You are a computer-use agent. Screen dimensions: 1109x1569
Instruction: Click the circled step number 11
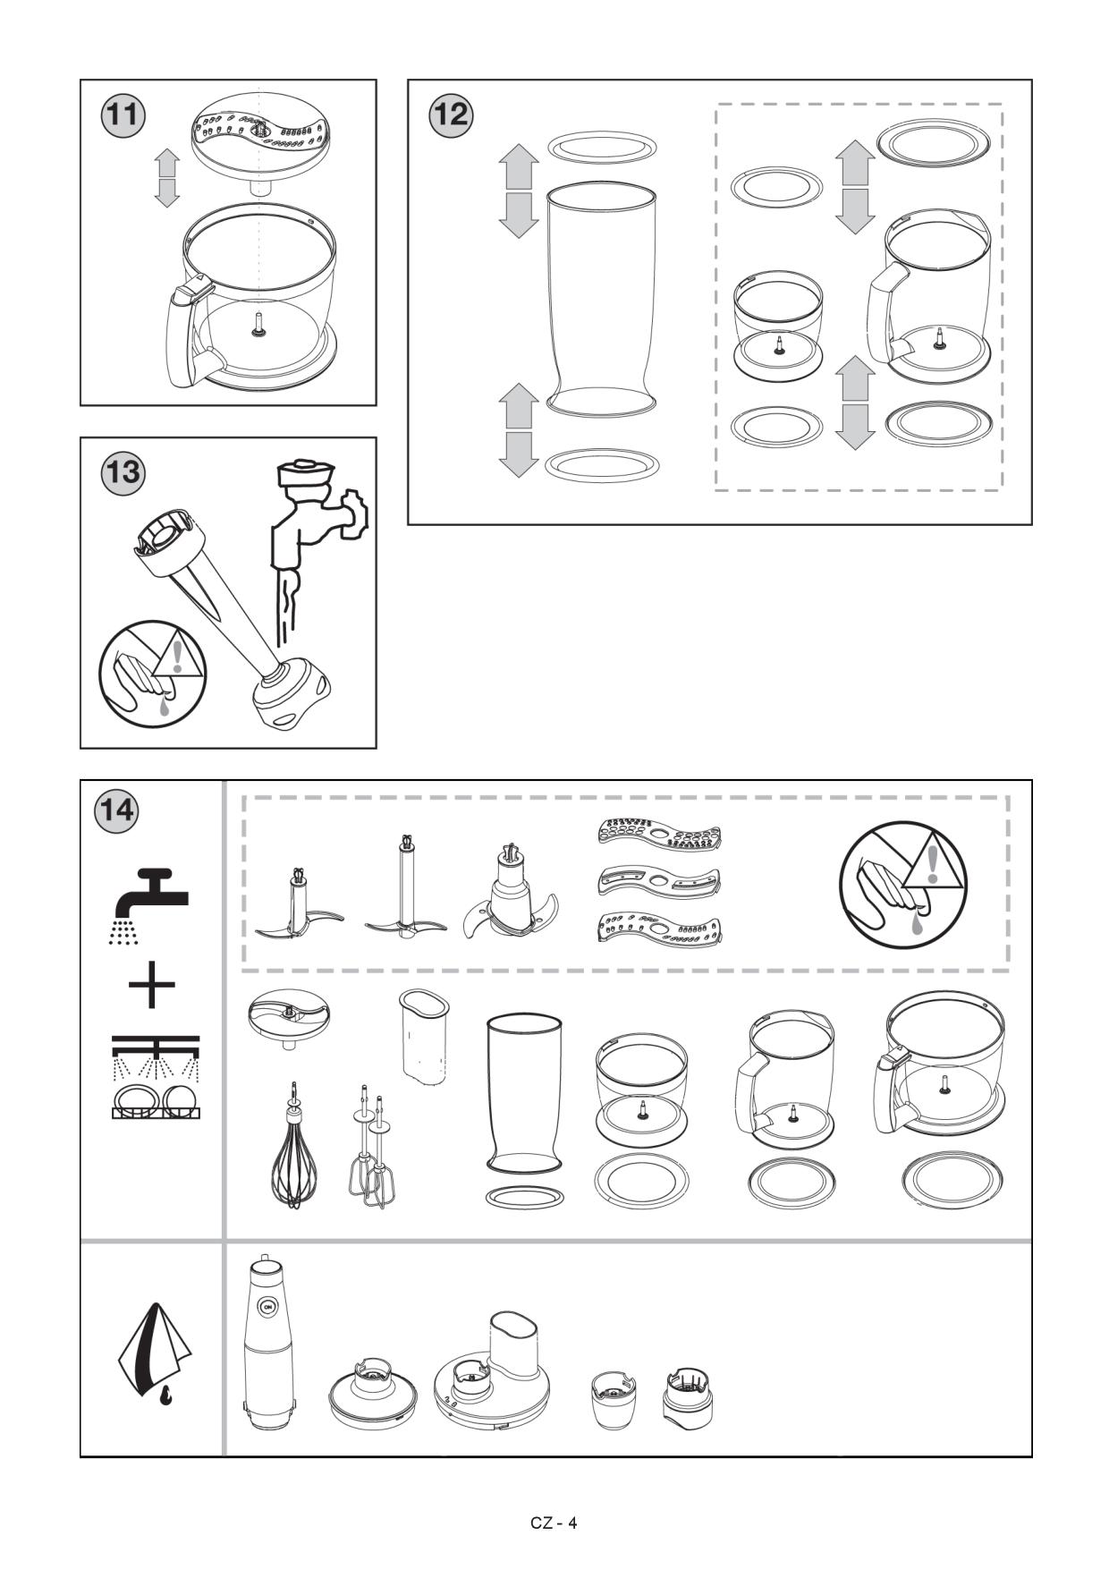click(x=122, y=117)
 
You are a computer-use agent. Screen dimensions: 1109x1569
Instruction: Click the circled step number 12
click(x=451, y=116)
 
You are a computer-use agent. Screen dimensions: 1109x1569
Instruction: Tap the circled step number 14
click(x=116, y=810)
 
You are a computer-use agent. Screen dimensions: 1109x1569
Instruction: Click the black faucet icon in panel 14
click(x=152, y=897)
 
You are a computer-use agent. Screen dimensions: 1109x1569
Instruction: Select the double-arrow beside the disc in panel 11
click(x=166, y=177)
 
